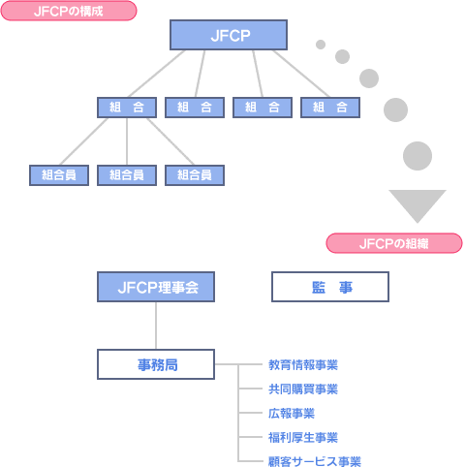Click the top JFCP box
click(229, 35)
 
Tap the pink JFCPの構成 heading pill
click(69, 11)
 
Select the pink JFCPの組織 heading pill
click(394, 243)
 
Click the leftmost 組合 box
click(127, 108)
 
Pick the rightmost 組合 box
click(330, 108)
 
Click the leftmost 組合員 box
click(59, 175)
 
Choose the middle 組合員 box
click(127, 175)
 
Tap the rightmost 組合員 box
click(195, 175)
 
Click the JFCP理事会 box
click(156, 287)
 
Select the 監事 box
click(330, 287)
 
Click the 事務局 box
click(156, 364)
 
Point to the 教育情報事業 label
click(303, 365)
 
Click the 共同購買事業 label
click(303, 389)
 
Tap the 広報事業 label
click(292, 414)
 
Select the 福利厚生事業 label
click(303, 438)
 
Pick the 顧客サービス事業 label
click(315, 461)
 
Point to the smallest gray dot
click(321, 45)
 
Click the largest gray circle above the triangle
click(418, 156)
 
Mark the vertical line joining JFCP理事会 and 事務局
click(156, 326)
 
